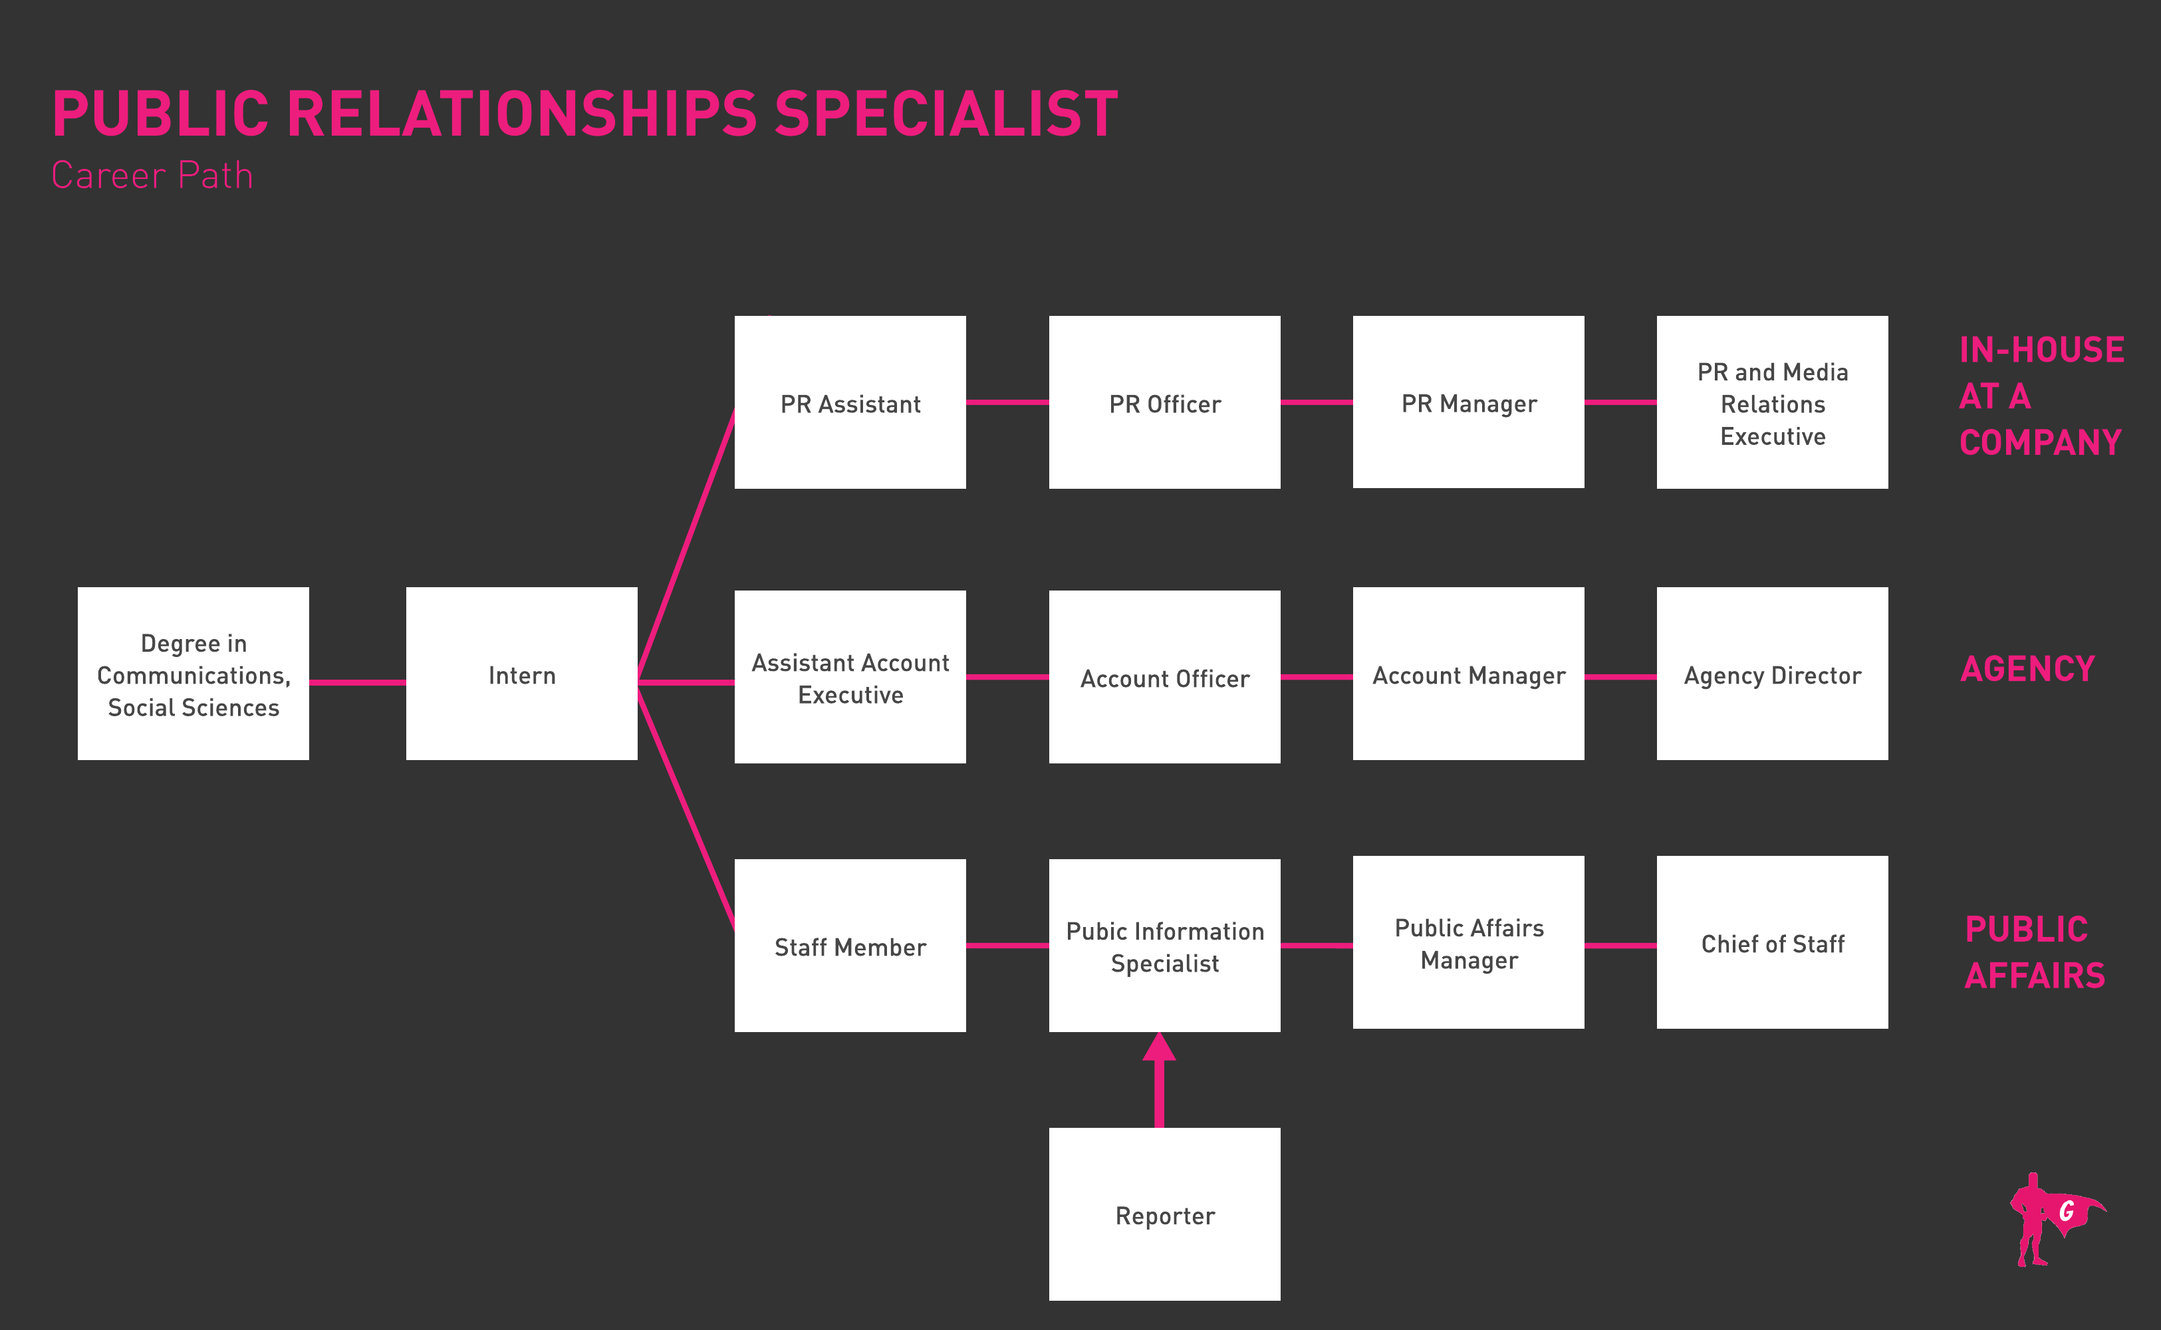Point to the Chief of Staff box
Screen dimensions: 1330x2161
click(1771, 942)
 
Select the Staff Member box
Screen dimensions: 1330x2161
click(850, 946)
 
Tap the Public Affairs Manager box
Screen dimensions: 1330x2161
click(1468, 942)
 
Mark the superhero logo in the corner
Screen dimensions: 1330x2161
click(2055, 1219)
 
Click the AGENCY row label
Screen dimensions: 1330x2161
click(2027, 670)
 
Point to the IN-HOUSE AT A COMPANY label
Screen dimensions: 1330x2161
click(2041, 396)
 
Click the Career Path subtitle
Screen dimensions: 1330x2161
click(152, 175)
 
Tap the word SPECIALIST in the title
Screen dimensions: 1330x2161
click(946, 114)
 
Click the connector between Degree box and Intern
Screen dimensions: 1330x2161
click(357, 682)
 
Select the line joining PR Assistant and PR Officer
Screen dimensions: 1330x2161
click(1007, 402)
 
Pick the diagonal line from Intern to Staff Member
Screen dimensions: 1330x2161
click(686, 807)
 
